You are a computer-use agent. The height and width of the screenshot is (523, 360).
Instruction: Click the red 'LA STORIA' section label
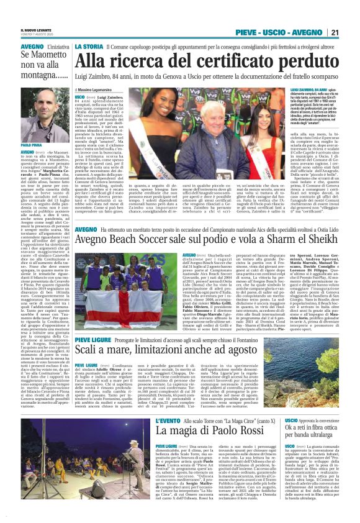(x=89, y=47)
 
